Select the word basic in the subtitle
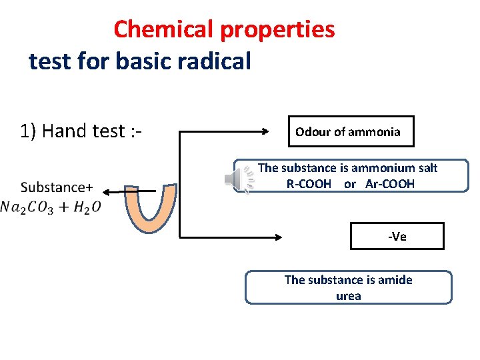click(x=139, y=61)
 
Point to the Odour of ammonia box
click(x=350, y=131)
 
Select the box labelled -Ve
click(x=397, y=236)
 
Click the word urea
click(x=348, y=296)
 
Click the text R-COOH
click(x=309, y=183)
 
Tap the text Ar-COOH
click(x=390, y=183)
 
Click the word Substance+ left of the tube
click(x=57, y=187)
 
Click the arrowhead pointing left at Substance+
click(x=107, y=192)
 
